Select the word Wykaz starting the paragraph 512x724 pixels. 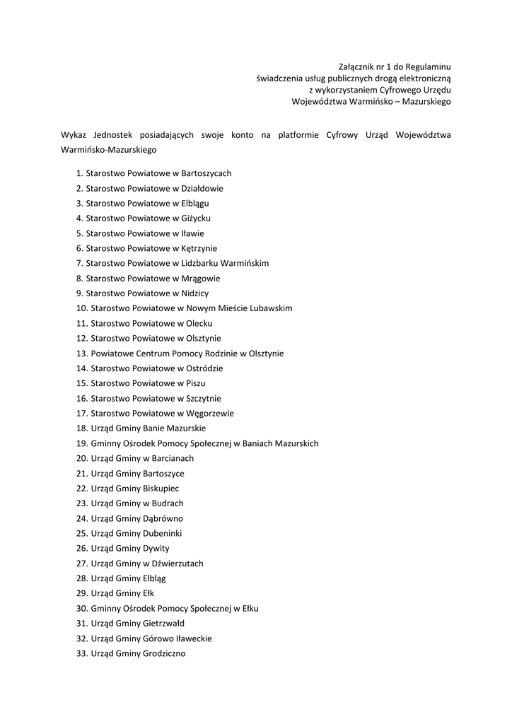pos(74,135)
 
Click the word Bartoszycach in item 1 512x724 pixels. pos(206,173)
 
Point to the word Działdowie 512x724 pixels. pos(202,189)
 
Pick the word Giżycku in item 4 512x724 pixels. pos(196,218)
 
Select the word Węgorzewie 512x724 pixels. pos(210,414)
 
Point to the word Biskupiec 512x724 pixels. pos(161,489)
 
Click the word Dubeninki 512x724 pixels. pos(163,534)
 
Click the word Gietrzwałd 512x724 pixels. pos(163,624)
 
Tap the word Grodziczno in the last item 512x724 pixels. pos(164,654)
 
